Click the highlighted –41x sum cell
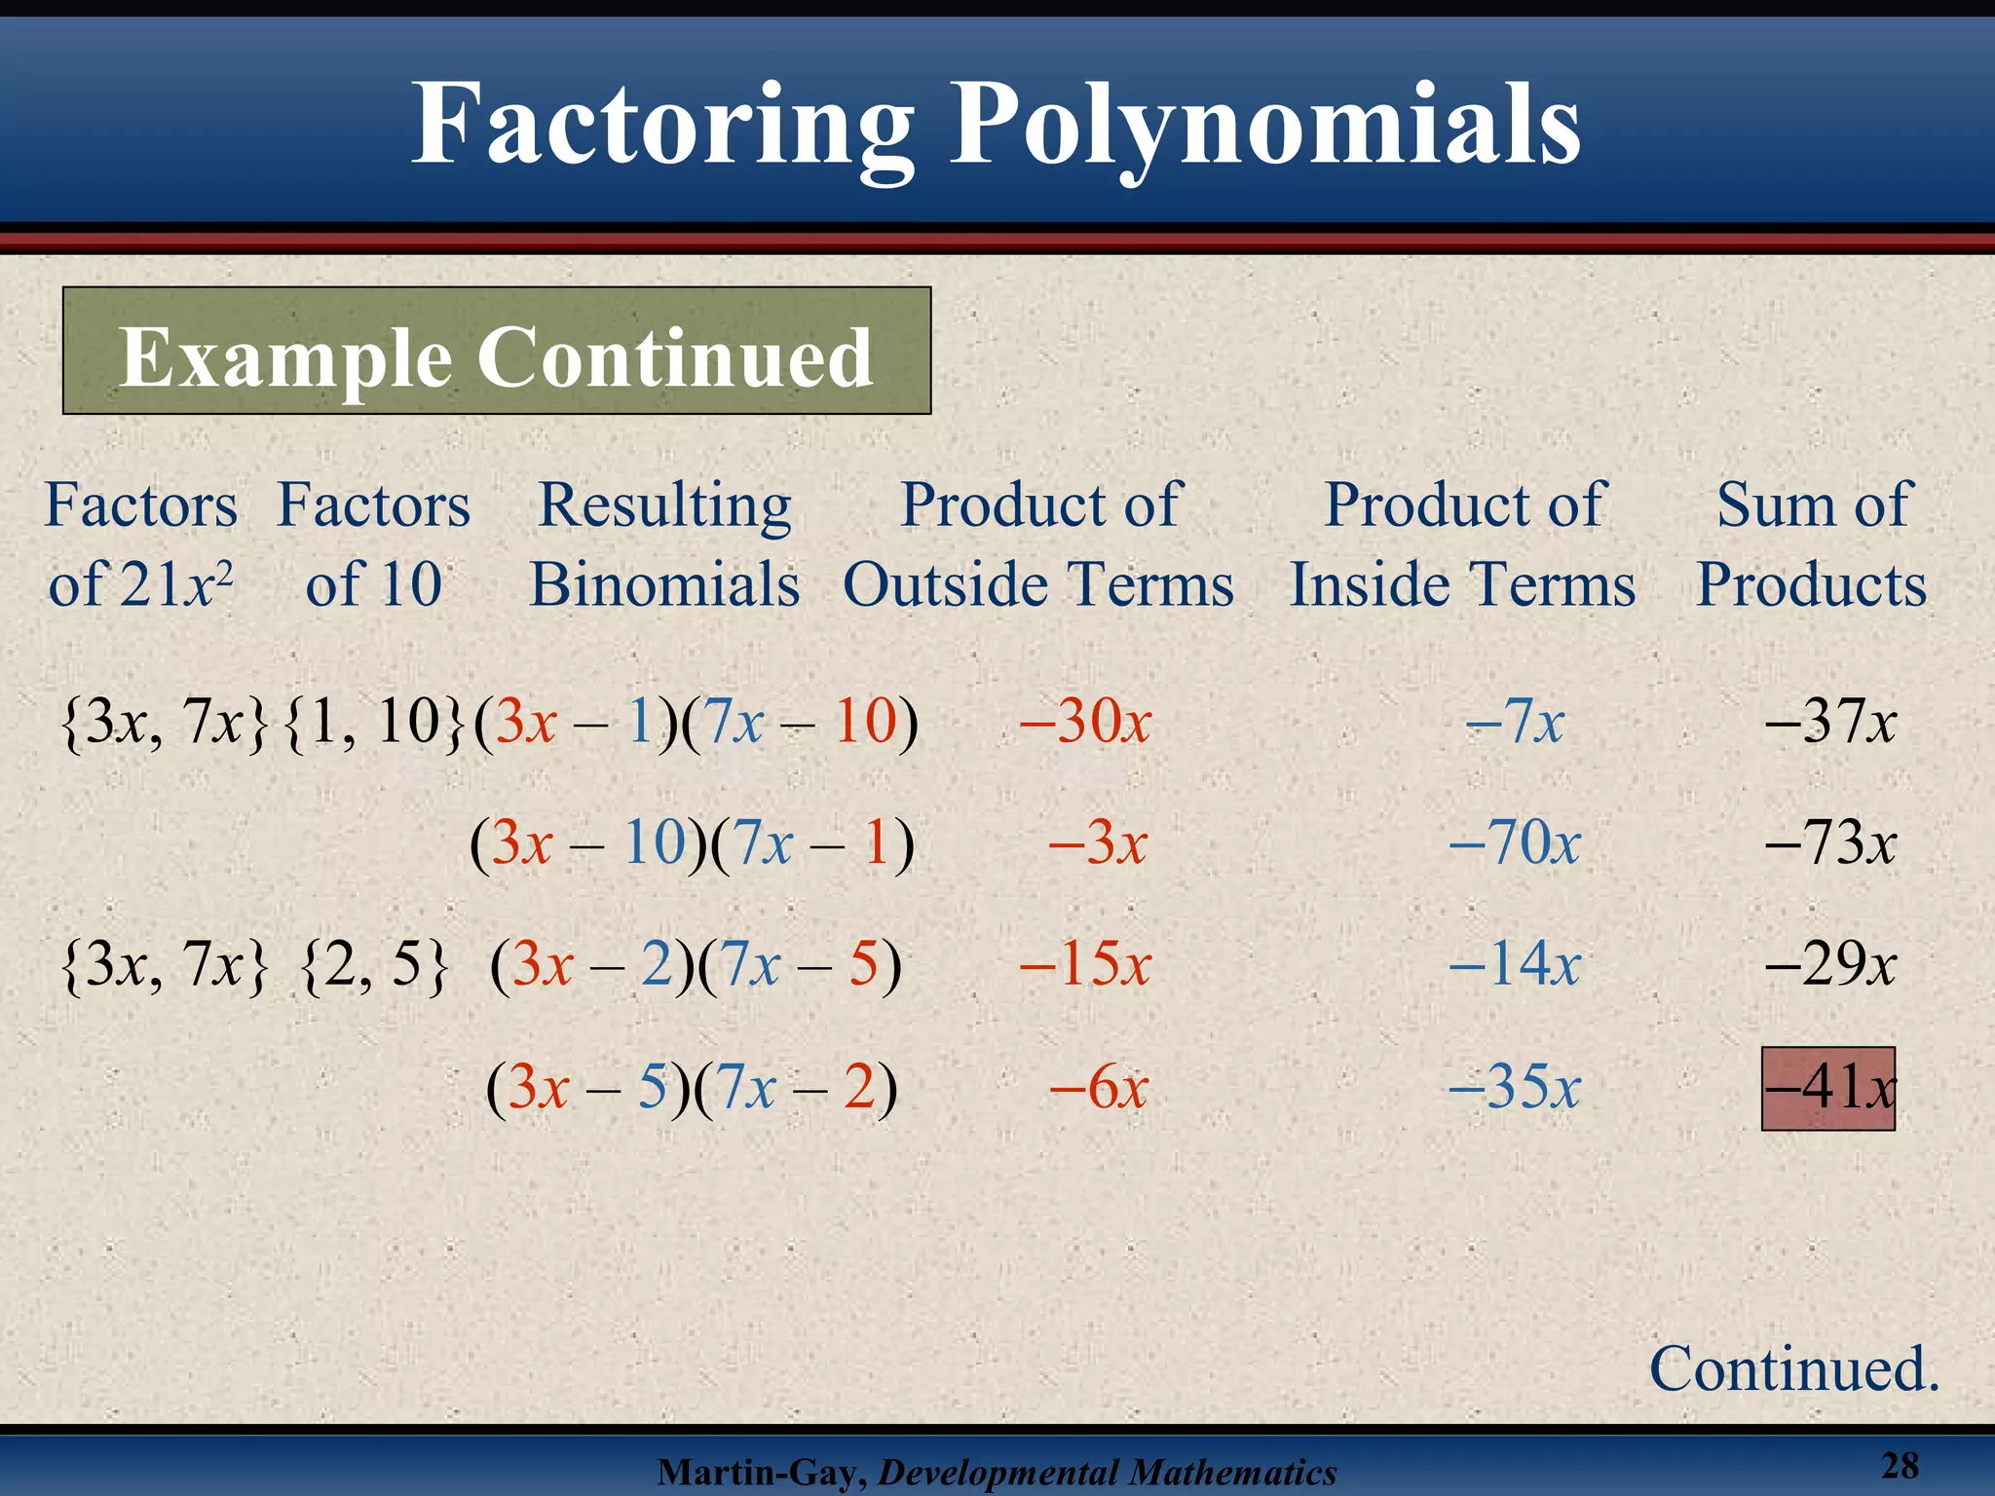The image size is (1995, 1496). [1828, 1088]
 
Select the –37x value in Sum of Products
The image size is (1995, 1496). [1830, 723]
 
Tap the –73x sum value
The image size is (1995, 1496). [1830, 843]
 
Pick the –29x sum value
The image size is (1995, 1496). [1830, 965]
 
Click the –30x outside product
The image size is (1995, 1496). [1085, 723]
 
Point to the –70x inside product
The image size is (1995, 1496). [1515, 843]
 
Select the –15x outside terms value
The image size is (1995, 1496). [1085, 965]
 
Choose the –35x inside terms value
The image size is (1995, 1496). [1515, 1087]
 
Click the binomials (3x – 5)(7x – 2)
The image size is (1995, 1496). [692, 1088]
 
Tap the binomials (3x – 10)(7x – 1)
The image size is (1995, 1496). [693, 843]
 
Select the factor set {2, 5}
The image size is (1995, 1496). [375, 966]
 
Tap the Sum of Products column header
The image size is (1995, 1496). [1812, 544]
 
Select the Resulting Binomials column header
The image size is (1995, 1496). [664, 544]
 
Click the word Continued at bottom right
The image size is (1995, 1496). [1792, 1369]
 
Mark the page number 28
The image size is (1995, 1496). [1900, 1466]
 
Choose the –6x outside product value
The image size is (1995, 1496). [1099, 1087]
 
